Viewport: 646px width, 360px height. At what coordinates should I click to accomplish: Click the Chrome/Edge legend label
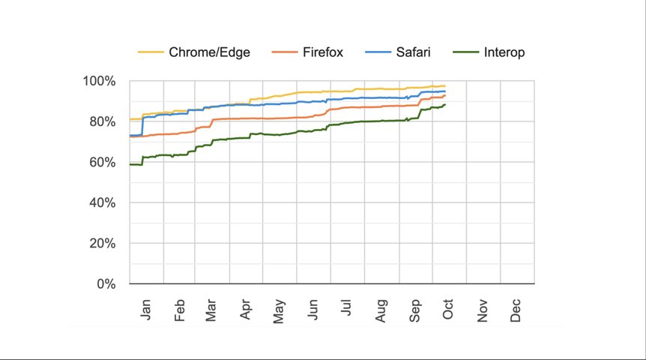click(x=209, y=52)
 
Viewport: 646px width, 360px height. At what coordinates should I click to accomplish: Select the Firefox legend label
click(x=323, y=52)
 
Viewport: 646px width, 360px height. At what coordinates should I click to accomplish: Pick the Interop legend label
click(x=504, y=52)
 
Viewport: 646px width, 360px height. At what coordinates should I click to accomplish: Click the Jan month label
click(x=145, y=309)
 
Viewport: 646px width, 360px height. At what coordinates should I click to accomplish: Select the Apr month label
click(x=247, y=310)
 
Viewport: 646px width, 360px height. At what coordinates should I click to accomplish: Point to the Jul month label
click(x=347, y=310)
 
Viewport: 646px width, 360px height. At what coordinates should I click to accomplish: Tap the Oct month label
click(x=448, y=310)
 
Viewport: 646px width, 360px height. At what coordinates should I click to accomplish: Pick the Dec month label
click(x=516, y=310)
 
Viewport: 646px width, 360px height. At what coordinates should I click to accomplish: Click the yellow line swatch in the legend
click(x=151, y=52)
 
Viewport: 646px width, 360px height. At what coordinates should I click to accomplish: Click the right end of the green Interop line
click(x=445, y=105)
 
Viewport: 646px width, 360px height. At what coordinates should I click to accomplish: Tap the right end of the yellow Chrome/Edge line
click(x=445, y=86)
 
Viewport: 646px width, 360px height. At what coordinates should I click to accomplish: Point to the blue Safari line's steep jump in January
click(x=142, y=126)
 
